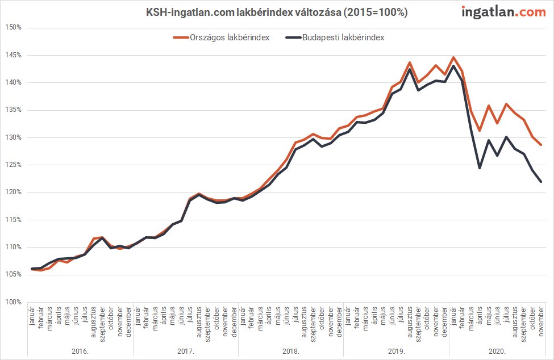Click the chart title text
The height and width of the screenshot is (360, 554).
click(x=277, y=12)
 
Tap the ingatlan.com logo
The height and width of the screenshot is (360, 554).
click(x=503, y=11)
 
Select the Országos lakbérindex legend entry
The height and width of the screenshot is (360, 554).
click(x=221, y=37)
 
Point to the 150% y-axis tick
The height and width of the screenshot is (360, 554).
click(x=14, y=27)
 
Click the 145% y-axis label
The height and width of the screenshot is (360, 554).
click(x=14, y=55)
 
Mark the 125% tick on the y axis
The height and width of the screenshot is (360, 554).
click(x=14, y=165)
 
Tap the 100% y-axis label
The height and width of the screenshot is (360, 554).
click(x=14, y=302)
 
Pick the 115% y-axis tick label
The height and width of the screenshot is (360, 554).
click(x=14, y=220)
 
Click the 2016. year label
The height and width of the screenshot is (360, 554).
click(x=80, y=351)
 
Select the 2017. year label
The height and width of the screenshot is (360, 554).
click(x=186, y=351)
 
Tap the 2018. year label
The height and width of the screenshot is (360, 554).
click(x=291, y=351)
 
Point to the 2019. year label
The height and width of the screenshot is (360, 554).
click(x=397, y=351)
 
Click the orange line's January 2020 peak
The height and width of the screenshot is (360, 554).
click(x=453, y=57)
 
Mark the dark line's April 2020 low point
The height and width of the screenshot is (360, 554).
click(x=480, y=168)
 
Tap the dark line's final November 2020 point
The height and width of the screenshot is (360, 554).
click(x=541, y=182)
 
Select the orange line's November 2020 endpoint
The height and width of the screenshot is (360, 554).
click(x=541, y=145)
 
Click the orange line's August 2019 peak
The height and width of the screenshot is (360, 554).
click(x=410, y=62)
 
